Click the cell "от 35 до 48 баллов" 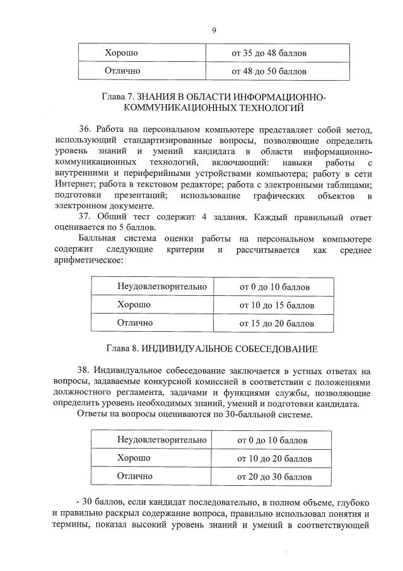[269, 52]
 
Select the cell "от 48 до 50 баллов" [269, 71]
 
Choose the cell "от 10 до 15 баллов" [276, 305]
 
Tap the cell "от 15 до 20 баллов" [276, 324]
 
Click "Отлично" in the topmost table [122, 71]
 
